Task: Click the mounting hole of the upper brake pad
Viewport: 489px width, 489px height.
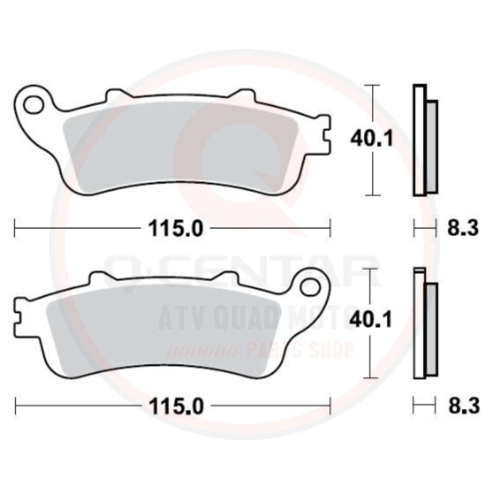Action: click(x=33, y=105)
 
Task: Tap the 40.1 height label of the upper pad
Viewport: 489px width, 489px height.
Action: click(x=372, y=139)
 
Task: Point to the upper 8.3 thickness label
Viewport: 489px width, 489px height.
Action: click(x=463, y=228)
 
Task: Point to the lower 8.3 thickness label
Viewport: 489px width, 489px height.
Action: click(x=464, y=406)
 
